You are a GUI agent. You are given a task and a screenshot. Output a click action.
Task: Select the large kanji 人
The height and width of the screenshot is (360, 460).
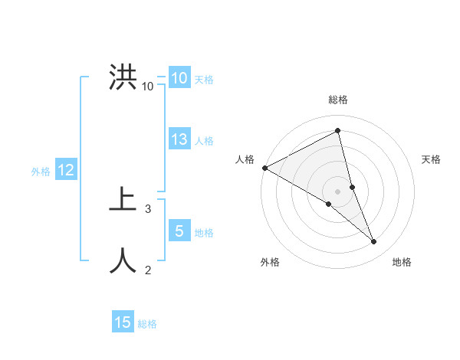(x=123, y=260)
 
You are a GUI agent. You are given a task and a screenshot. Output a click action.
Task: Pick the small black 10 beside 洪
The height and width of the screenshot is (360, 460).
(x=147, y=86)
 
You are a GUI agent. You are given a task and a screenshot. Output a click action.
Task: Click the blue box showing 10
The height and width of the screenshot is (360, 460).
(x=179, y=78)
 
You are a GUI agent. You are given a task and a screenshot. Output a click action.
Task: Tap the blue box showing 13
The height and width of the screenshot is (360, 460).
(x=179, y=139)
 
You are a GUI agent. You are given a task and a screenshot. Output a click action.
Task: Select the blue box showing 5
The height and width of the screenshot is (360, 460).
(x=179, y=231)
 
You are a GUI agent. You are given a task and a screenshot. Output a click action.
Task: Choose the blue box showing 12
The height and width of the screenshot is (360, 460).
(x=66, y=170)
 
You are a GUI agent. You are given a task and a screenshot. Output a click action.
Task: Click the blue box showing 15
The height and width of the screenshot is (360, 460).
(x=123, y=322)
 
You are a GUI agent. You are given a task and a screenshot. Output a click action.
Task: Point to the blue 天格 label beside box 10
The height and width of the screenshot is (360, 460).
(x=204, y=80)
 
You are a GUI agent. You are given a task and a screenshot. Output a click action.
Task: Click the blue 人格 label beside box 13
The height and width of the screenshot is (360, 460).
(x=204, y=141)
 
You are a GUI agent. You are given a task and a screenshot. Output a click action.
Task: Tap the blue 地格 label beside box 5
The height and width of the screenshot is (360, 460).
(x=204, y=233)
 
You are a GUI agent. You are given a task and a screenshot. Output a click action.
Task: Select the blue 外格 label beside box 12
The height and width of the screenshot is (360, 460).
(x=41, y=172)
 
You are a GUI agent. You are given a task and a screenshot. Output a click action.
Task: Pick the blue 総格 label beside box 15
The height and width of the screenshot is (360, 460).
(x=147, y=324)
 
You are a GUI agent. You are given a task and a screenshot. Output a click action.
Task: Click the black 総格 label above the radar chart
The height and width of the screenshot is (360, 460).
(x=338, y=100)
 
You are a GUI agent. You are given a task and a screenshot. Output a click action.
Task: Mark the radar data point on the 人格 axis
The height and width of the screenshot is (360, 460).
(x=264, y=168)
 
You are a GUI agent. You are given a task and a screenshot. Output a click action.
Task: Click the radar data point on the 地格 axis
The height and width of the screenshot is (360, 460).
(x=374, y=241)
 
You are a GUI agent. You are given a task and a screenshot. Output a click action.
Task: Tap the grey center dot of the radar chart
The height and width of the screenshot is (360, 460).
(x=337, y=191)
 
